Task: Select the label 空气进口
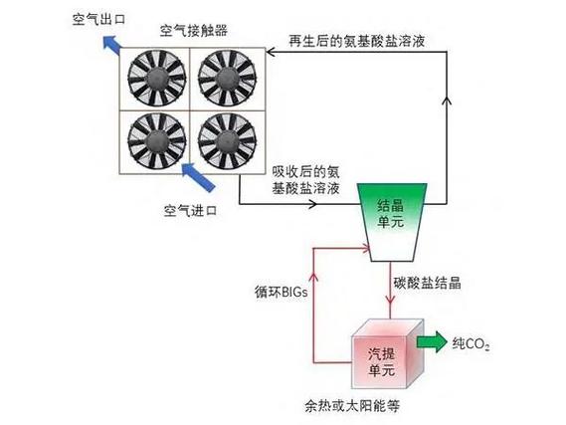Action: click(189, 212)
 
